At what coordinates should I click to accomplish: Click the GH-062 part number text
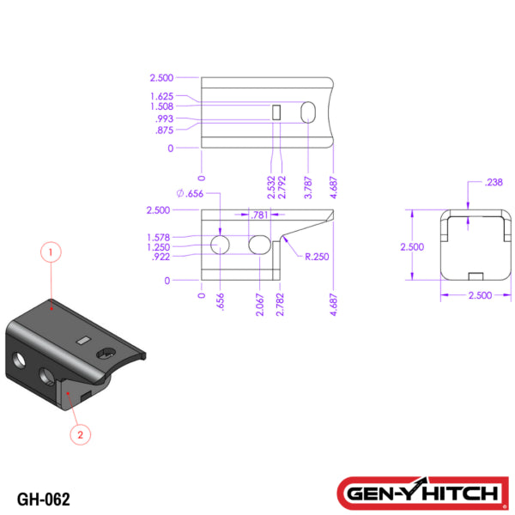pyautogui.click(x=43, y=499)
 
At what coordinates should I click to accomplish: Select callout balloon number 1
pyautogui.click(x=51, y=252)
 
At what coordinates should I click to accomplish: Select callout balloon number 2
pyautogui.click(x=80, y=434)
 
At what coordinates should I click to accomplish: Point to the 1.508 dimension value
pyautogui.click(x=161, y=107)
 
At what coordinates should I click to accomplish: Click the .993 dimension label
pyautogui.click(x=163, y=119)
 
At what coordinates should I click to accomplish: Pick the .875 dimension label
pyautogui.click(x=164, y=130)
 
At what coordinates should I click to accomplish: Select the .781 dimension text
pyautogui.click(x=258, y=215)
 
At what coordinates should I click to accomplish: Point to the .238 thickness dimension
pyautogui.click(x=494, y=182)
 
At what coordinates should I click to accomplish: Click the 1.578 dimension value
pyautogui.click(x=158, y=237)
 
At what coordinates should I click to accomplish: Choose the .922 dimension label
pyautogui.click(x=161, y=257)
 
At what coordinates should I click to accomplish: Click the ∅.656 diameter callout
pyautogui.click(x=190, y=194)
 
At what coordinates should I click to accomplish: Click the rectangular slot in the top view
pyautogui.click(x=276, y=112)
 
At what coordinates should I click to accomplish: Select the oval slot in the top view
pyautogui.click(x=309, y=112)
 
